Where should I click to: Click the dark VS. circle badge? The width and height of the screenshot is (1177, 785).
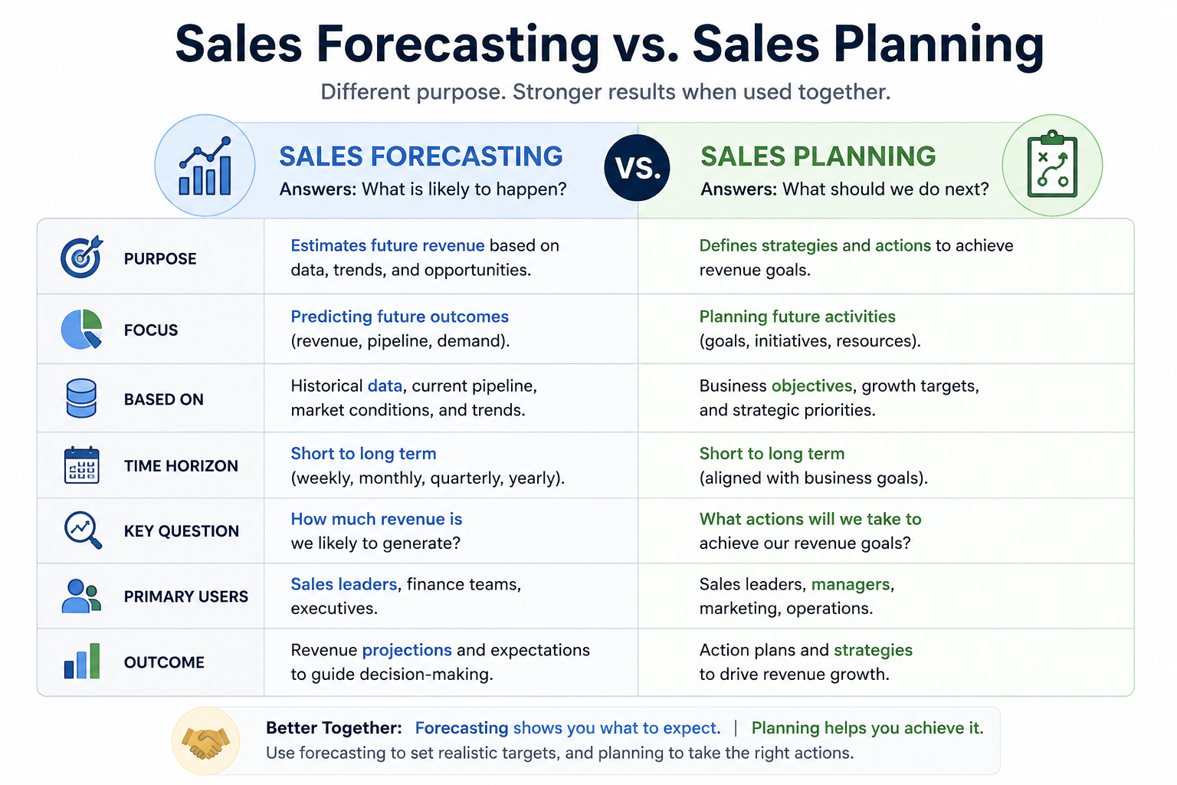coord(637,168)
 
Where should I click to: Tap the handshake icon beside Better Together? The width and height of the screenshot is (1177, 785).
coord(205,742)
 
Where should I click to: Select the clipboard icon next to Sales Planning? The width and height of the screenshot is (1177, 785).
coord(1052,164)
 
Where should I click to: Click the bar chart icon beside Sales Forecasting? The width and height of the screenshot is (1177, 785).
coord(205,166)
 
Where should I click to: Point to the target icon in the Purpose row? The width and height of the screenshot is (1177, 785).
coord(81,257)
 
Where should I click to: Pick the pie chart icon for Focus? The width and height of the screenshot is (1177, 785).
coord(81,329)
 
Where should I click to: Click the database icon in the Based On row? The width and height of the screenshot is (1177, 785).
coord(81,398)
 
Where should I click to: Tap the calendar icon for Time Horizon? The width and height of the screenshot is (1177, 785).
coord(81,465)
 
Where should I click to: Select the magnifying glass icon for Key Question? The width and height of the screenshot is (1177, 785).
coord(83,530)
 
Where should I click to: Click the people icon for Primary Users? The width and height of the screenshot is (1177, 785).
coord(81,596)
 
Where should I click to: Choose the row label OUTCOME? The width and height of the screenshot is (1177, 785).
coord(164,662)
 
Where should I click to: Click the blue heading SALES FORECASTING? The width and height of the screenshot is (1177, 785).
coord(421,156)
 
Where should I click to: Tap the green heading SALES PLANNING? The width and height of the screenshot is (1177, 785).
coord(818,156)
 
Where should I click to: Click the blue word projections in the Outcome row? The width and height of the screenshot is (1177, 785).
coord(407,650)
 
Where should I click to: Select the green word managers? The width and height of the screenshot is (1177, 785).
coord(850,585)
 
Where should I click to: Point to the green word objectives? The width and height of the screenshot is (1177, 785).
coord(811,386)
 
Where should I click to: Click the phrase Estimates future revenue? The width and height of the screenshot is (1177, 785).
coord(387,245)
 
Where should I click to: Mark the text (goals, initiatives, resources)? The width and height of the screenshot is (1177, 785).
coord(810,341)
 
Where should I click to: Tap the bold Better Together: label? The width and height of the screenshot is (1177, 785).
coord(333,728)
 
